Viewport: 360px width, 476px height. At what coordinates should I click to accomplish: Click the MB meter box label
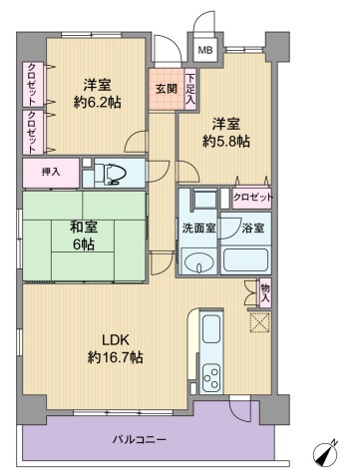(x=205, y=50)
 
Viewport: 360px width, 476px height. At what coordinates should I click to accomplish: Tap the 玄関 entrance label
(x=167, y=89)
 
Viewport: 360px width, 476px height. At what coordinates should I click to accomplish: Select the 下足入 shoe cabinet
(x=190, y=89)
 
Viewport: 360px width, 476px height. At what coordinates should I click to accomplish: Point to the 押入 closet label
(x=51, y=172)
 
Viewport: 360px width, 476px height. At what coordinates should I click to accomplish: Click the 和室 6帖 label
(x=84, y=236)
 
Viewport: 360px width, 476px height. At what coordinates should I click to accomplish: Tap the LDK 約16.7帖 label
(x=116, y=348)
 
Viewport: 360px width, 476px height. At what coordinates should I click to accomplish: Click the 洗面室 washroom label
(x=198, y=229)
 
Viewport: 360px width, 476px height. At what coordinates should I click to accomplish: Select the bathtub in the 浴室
(x=245, y=260)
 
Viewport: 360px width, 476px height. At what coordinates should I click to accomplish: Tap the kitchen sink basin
(x=211, y=328)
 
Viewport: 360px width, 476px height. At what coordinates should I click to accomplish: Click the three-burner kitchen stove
(x=211, y=378)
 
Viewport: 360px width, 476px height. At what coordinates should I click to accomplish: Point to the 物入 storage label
(x=265, y=293)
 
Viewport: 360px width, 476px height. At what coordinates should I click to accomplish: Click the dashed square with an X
(x=260, y=322)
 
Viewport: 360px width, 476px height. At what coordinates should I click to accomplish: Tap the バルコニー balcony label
(x=139, y=440)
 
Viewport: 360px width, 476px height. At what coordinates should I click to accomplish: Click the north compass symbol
(x=326, y=453)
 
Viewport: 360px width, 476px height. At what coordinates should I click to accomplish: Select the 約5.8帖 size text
(x=226, y=142)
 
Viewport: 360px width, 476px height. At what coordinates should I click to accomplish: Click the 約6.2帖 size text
(x=97, y=103)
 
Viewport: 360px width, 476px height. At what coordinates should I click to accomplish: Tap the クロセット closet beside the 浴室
(x=252, y=199)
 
